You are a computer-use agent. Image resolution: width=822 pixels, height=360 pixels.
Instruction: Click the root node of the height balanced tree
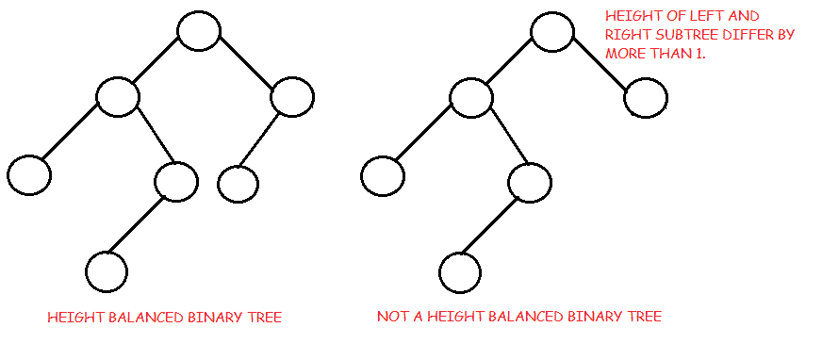click(x=199, y=31)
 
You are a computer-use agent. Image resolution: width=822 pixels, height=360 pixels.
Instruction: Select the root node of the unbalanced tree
click(x=552, y=31)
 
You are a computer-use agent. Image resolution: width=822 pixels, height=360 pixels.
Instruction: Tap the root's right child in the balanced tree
click(x=292, y=96)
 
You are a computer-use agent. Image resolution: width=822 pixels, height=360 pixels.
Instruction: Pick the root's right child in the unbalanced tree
click(x=646, y=97)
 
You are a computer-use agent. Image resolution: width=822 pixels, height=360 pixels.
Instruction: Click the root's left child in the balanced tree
click(x=118, y=96)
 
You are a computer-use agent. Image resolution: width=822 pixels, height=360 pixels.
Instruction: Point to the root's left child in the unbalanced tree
click(x=471, y=96)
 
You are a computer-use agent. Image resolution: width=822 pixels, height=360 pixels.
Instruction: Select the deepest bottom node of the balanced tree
click(x=107, y=271)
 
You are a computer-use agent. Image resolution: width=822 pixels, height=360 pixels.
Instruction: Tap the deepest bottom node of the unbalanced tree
click(x=460, y=271)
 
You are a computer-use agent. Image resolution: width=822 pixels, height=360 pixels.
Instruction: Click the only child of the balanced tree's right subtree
click(x=238, y=184)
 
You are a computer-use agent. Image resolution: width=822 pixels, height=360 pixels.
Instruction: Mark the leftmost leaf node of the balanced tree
click(x=29, y=174)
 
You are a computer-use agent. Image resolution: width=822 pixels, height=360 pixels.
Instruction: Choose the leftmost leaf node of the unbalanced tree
click(x=383, y=174)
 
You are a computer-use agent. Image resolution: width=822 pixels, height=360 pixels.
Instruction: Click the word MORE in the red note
click(x=623, y=55)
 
